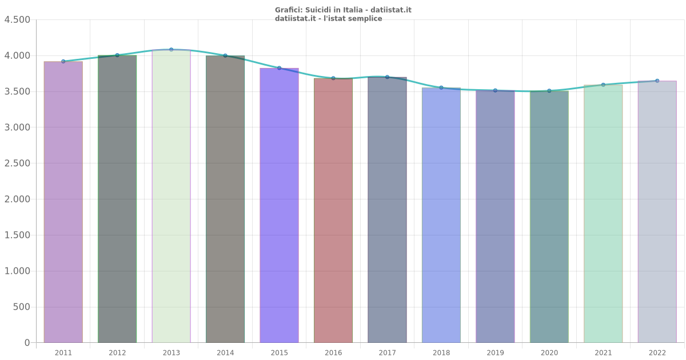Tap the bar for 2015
(279, 205)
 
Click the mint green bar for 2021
(603, 214)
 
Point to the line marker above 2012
(117, 55)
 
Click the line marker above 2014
(225, 55)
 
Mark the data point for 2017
(387, 77)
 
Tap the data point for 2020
(549, 91)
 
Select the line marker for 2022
(657, 81)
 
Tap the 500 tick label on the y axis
(21, 307)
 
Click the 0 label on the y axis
(27, 343)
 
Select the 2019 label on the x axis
(495, 353)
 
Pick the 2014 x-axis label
(225, 353)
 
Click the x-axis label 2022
(657, 353)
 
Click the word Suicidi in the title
(318, 10)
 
